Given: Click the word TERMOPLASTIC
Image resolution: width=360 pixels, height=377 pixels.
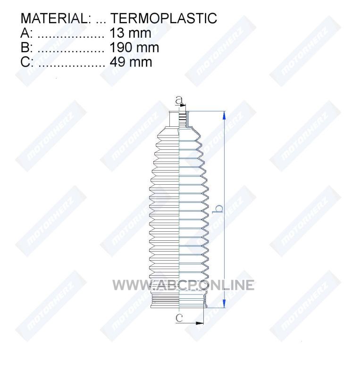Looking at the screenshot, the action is (164, 18).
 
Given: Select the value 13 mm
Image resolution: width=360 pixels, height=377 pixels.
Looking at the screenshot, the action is (130, 33).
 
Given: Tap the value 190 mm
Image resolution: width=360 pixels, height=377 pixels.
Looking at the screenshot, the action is (134, 48).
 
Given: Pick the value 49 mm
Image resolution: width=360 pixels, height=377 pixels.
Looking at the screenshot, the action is (131, 62).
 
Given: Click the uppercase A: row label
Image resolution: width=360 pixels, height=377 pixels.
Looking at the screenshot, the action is (26, 33).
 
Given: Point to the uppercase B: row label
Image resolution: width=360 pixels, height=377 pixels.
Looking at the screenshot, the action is (26, 48).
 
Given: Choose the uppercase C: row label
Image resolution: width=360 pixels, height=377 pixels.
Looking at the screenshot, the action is (27, 62).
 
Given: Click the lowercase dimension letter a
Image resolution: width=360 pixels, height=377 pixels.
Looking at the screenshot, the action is (178, 100).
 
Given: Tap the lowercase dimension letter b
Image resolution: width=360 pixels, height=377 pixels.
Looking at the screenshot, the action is (218, 208).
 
